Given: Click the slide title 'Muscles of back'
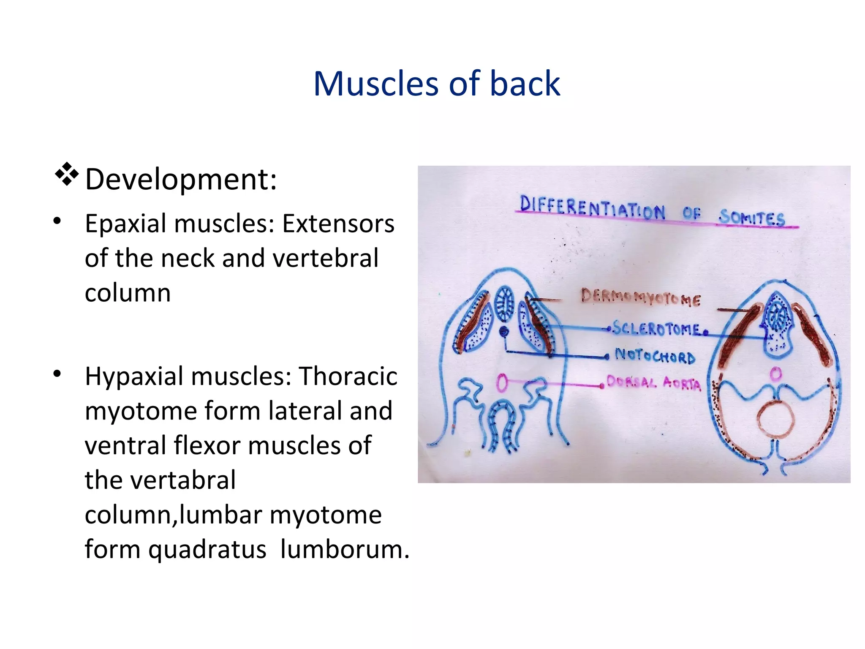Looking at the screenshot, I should pyautogui.click(x=437, y=84).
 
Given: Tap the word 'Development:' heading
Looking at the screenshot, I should pyautogui.click(x=181, y=179).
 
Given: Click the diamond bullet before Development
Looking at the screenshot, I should pyautogui.click(x=67, y=174).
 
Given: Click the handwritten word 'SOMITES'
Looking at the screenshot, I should pyautogui.click(x=752, y=218).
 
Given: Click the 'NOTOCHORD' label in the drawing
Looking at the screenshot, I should pyautogui.click(x=655, y=356).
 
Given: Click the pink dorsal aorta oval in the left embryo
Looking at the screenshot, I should pyautogui.click(x=502, y=384).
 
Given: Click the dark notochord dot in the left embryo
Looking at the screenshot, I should pyautogui.click(x=503, y=332).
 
